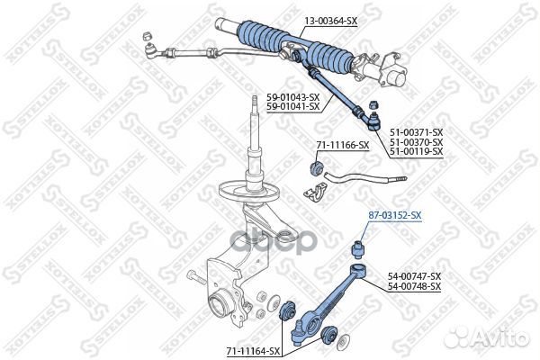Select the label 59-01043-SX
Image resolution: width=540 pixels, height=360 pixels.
tap(293, 97)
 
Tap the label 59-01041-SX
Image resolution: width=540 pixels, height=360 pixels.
tap(293, 106)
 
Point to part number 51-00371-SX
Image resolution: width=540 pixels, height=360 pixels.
tap(416, 132)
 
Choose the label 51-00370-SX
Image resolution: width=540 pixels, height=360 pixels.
tap(416, 141)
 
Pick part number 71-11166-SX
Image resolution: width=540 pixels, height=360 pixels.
tap(343, 144)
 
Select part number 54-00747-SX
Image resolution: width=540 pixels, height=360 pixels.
tap(414, 276)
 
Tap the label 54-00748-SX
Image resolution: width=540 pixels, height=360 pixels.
tap(414, 285)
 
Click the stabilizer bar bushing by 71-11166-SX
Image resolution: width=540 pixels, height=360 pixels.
tap(317, 167)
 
